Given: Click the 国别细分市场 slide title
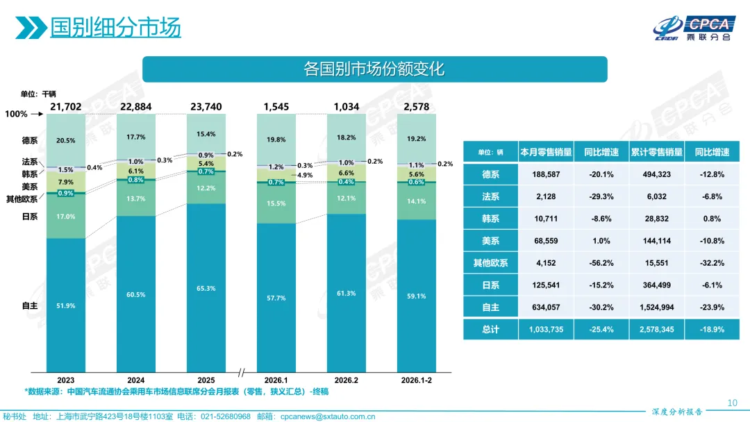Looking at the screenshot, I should [x=115, y=27].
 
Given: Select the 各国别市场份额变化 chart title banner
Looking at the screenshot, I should [x=374, y=69].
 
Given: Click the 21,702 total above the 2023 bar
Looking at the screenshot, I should [x=66, y=106].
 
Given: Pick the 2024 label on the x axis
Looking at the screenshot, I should [x=136, y=380].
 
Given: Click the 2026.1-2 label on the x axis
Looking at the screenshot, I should [x=417, y=380].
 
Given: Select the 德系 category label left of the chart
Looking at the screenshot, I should [x=29, y=141].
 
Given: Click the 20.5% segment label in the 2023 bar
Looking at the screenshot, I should [x=66, y=141].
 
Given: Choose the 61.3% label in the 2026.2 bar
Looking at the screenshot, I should [x=347, y=294].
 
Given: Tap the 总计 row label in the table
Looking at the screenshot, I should [x=490, y=330].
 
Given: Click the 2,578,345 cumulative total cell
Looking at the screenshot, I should [x=656, y=330].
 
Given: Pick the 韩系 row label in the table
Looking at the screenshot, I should [x=490, y=219].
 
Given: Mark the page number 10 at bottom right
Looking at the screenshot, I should [x=731, y=403].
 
